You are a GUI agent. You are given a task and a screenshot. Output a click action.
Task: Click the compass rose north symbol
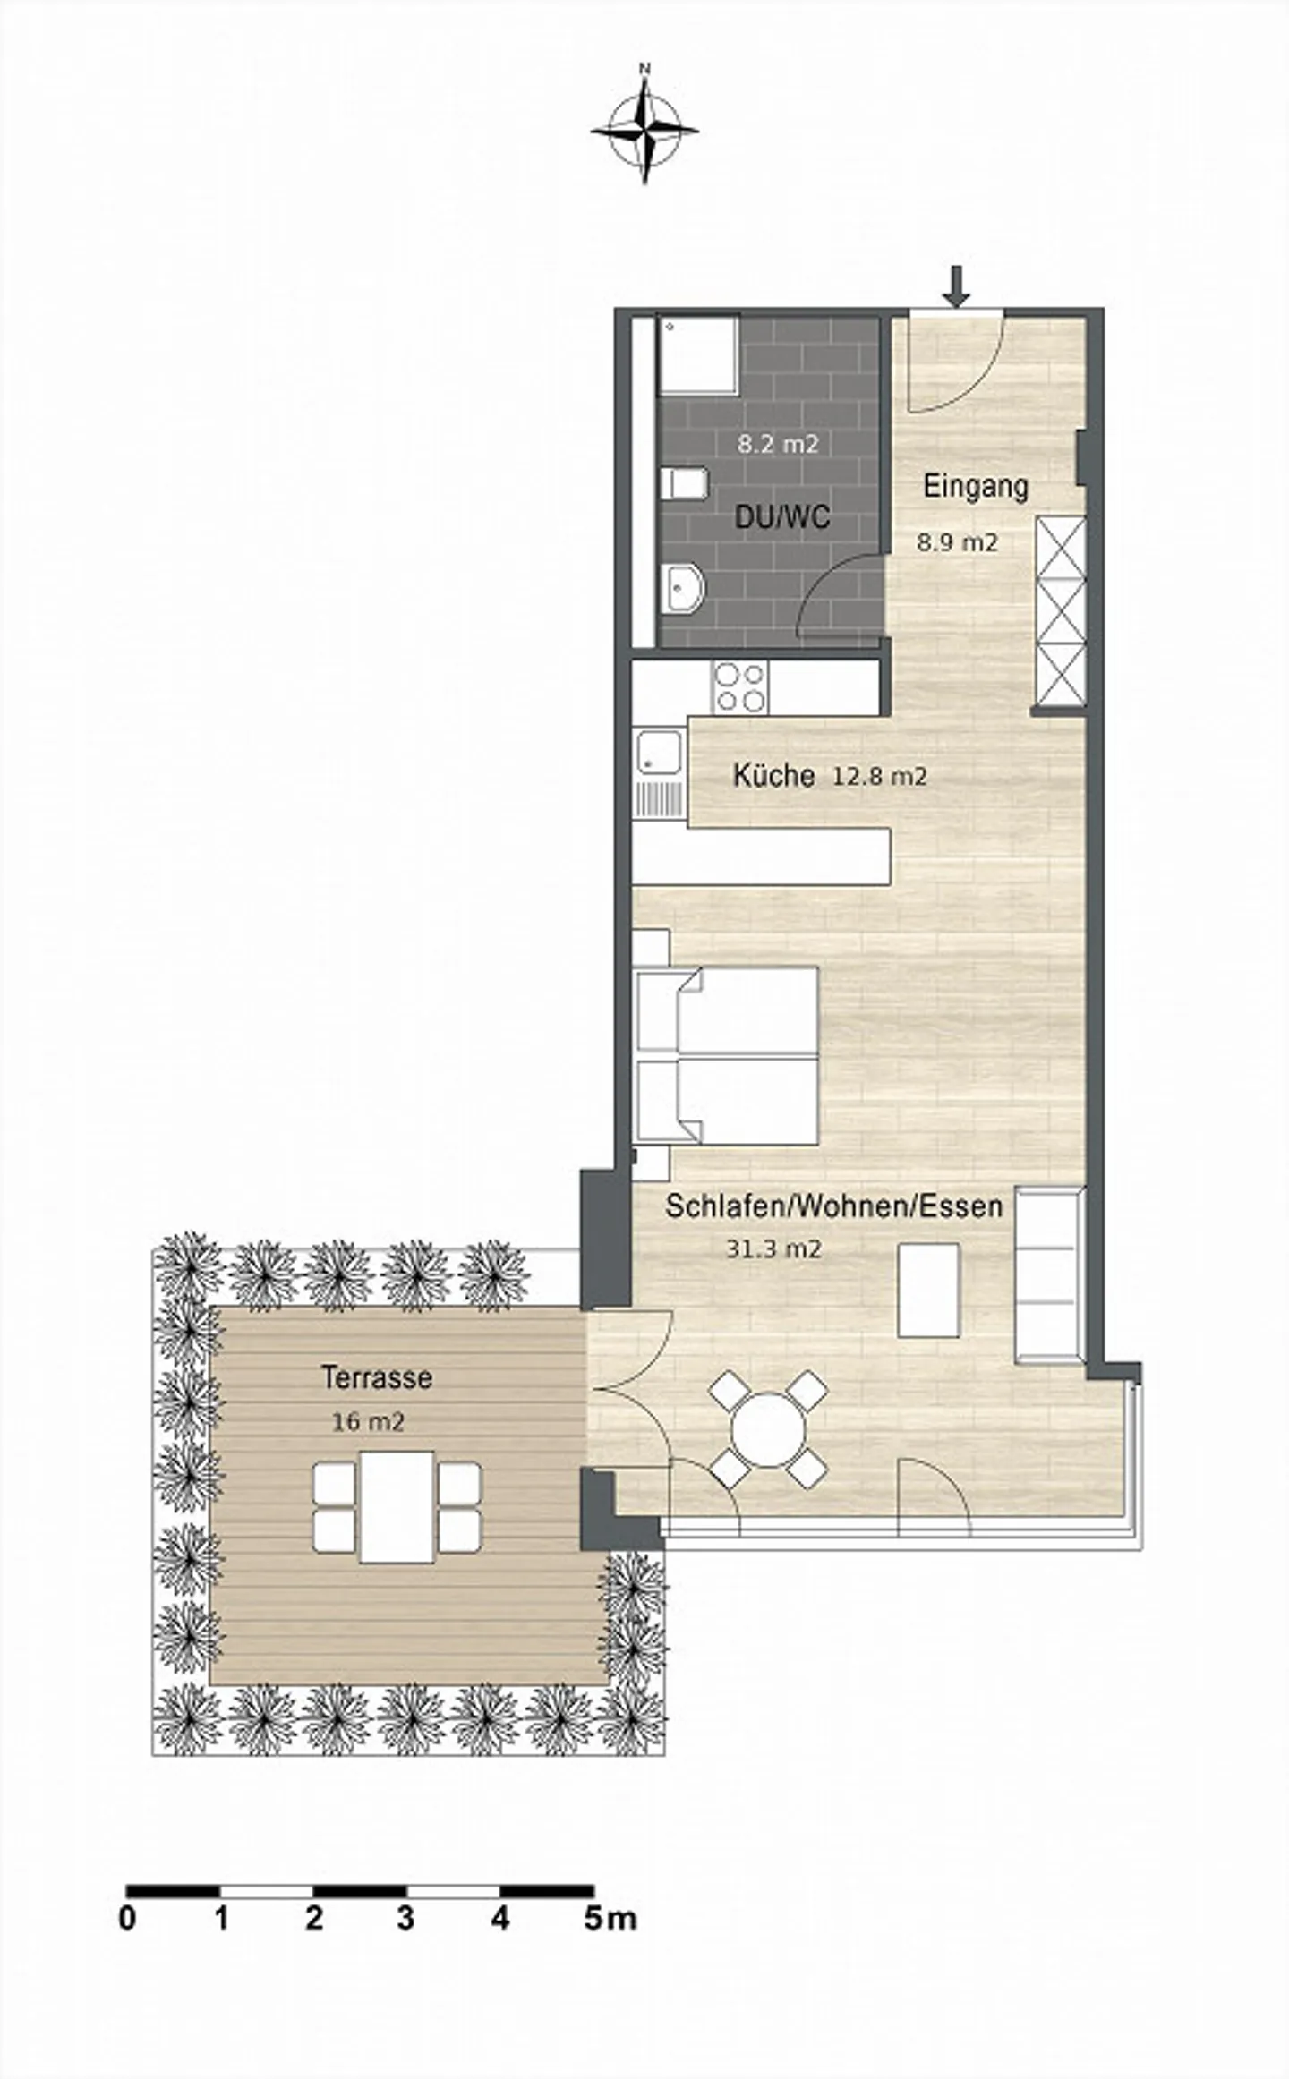644,129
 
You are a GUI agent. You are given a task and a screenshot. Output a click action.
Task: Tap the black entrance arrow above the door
957,285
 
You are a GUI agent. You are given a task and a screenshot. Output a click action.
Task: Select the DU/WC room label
781,516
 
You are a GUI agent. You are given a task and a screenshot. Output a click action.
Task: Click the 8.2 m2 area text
777,444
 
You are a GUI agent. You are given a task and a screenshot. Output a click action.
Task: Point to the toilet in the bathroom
684,484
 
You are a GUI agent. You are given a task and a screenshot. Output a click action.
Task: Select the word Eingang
975,487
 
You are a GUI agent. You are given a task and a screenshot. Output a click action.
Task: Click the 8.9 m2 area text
956,541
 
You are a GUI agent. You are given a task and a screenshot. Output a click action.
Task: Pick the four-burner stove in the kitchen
740,687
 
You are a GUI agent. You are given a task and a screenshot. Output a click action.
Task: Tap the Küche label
773,775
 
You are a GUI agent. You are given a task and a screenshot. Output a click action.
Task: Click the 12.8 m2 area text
879,776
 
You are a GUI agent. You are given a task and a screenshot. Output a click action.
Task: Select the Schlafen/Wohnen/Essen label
832,1206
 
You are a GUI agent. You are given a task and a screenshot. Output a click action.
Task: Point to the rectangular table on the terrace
397,1506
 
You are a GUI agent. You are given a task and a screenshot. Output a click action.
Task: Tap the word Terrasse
376,1376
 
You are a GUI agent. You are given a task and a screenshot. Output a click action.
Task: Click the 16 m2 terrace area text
368,1421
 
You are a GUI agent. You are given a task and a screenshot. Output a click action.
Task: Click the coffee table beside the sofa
928,1290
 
